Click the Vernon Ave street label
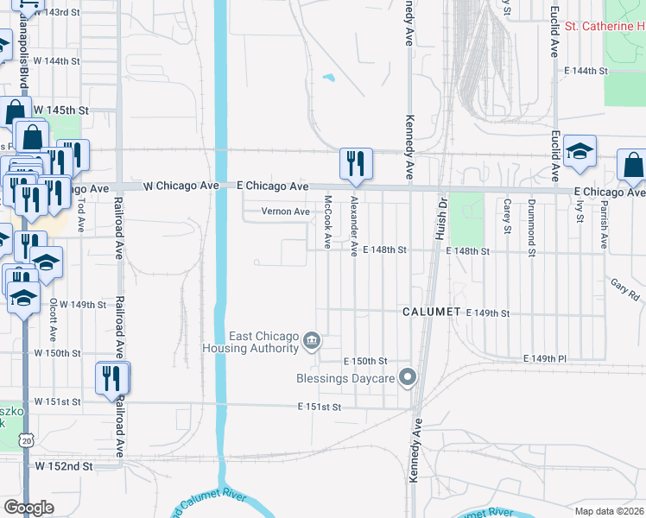tap(287, 212)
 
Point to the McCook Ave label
tap(328, 222)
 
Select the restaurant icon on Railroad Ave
tap(112, 377)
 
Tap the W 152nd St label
tap(63, 466)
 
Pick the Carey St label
tap(507, 216)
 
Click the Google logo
tap(28, 508)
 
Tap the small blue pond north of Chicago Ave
tap(328, 78)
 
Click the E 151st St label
tap(320, 407)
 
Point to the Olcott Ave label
tap(53, 320)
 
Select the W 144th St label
tap(56, 61)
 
